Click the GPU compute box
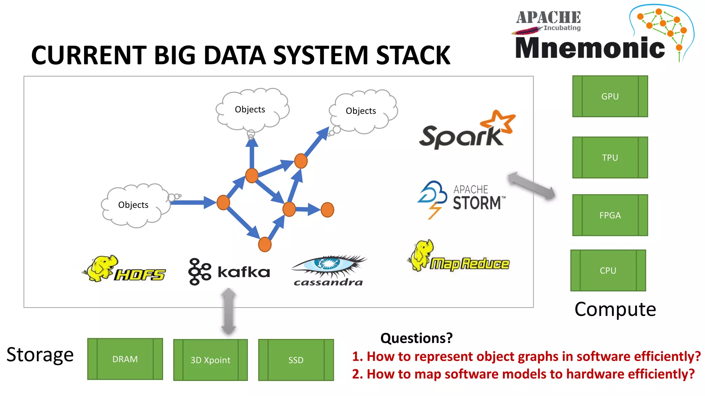coord(610,96)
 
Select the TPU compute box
coord(610,157)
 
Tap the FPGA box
coord(610,215)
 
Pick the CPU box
coord(608,271)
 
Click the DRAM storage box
coord(125,359)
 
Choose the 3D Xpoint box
coord(210,360)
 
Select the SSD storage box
coord(296,360)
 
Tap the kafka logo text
coord(244,272)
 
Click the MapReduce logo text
coord(470,264)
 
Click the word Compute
coord(615,309)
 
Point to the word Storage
coord(40,355)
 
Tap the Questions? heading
coord(416,338)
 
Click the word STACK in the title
coord(413,56)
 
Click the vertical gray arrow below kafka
coord(229,311)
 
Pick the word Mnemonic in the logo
coord(590,48)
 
